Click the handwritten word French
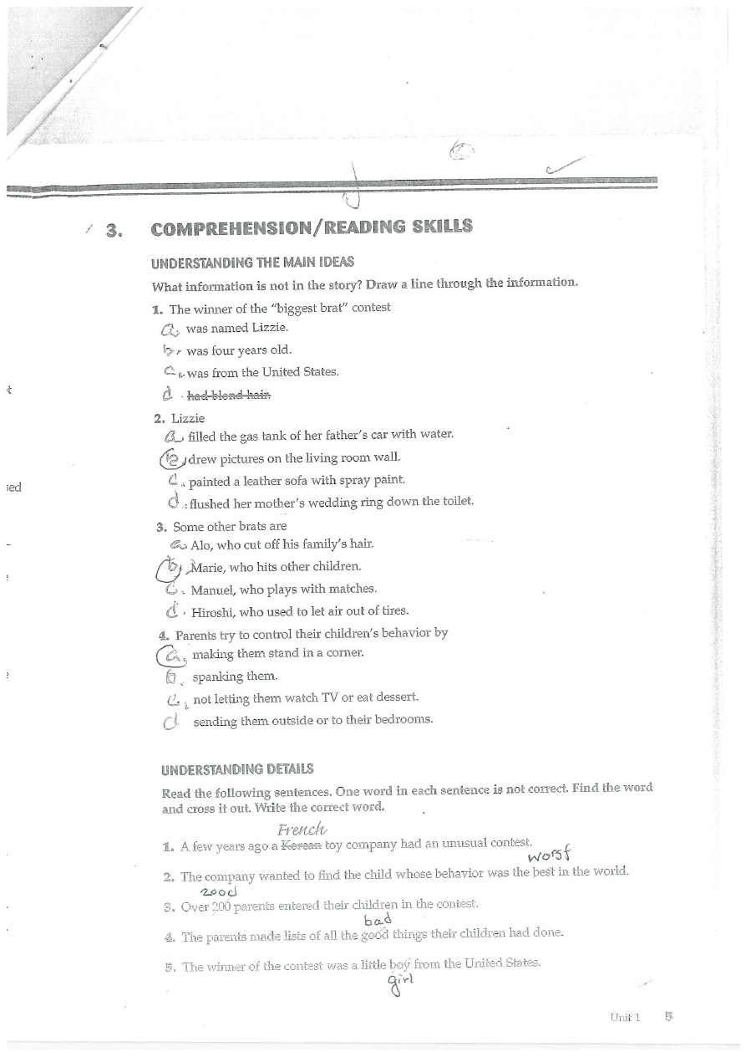302,830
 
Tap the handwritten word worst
550,855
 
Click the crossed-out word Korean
301,845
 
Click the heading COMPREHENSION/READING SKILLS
312,227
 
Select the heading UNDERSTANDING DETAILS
237,768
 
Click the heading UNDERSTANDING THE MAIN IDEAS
252,263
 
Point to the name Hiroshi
213,611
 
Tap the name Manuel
213,589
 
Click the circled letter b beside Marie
170,568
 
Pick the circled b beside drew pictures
171,458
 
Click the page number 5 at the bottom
667,1017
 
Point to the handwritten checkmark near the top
563,167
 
